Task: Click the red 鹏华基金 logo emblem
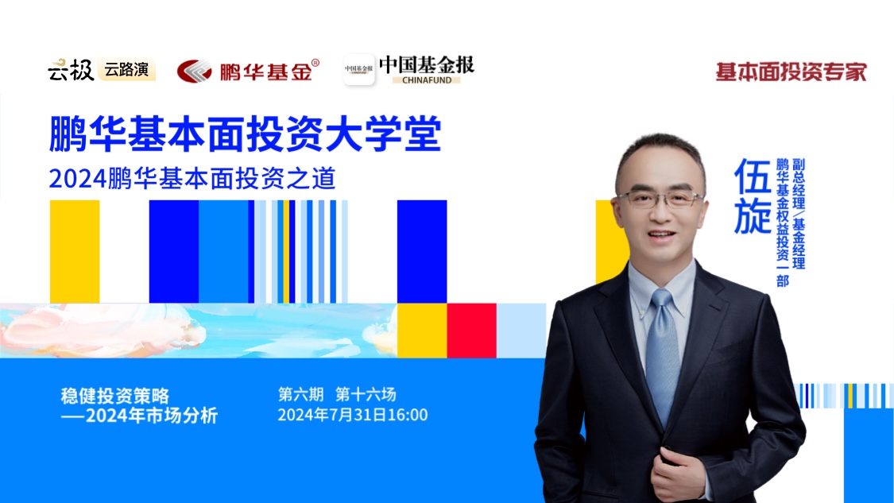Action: [194, 72]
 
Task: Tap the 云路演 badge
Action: [126, 70]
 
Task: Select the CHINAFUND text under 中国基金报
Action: [427, 79]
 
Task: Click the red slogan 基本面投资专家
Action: [791, 72]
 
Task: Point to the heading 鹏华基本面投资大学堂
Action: [246, 134]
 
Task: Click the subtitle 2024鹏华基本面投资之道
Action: [192, 179]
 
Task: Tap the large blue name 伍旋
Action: [752, 195]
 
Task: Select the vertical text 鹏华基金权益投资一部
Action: [782, 222]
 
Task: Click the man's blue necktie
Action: [662, 353]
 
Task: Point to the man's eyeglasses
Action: [660, 199]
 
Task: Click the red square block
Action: [471, 331]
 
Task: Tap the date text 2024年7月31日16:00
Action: [352, 415]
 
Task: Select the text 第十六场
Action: [366, 394]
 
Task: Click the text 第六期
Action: [300, 394]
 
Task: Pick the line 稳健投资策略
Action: [115, 395]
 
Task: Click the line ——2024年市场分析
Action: [139, 415]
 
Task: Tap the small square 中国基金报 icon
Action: [358, 70]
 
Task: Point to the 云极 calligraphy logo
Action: [71, 70]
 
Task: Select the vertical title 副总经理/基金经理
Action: [799, 214]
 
